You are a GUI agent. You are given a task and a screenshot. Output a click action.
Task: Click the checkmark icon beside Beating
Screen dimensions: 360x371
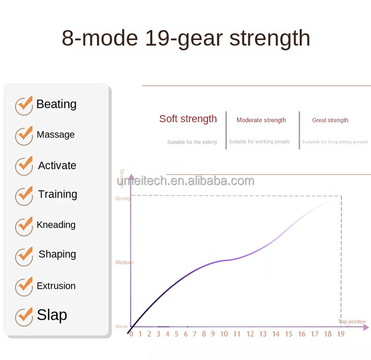(24, 105)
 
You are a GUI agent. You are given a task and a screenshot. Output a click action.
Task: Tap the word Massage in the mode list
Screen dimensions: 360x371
(55, 135)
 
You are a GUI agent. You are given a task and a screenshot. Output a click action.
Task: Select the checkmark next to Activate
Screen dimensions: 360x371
(24, 166)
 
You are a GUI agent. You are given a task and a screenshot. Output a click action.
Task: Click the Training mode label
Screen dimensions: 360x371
(57, 194)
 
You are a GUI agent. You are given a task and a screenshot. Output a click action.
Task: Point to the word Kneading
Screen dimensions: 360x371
(56, 225)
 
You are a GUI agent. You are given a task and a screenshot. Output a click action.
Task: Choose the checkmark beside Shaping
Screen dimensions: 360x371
(24, 256)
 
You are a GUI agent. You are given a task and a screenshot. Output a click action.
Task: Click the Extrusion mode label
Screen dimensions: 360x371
(56, 286)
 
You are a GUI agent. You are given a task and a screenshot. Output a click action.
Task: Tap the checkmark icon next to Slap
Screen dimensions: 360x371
(24, 316)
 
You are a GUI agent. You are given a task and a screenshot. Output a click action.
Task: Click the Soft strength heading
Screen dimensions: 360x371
(188, 119)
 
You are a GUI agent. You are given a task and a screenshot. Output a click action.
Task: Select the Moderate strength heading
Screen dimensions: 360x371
(261, 120)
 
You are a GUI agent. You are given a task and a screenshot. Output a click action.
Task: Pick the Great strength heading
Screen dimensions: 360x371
(330, 120)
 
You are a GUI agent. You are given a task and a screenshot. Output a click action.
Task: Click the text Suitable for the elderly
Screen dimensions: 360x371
(192, 142)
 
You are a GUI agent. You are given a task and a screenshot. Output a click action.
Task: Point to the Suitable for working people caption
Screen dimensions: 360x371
(259, 142)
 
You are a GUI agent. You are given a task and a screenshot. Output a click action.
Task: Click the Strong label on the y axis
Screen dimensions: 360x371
(122, 199)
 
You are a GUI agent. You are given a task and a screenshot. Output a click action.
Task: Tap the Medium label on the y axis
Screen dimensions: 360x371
(124, 262)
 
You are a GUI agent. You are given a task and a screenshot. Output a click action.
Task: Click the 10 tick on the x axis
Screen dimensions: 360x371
(224, 334)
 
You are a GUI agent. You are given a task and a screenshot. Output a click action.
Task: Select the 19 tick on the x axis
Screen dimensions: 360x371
(341, 334)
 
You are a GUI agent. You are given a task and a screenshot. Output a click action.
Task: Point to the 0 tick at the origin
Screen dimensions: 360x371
(131, 334)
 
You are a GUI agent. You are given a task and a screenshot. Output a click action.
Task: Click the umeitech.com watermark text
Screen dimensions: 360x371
(185, 181)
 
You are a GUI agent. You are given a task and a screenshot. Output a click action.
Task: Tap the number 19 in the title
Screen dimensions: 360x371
(160, 38)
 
